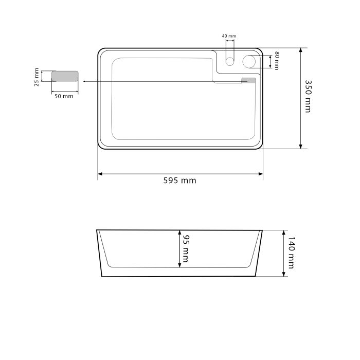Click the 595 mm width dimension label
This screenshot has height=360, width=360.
(180, 181)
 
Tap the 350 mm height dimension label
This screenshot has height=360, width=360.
(308, 96)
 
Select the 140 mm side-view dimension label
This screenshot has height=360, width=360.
(291, 253)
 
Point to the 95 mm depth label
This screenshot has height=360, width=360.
(185, 248)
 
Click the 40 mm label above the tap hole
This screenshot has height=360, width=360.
(229, 36)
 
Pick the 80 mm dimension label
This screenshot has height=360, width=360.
(277, 61)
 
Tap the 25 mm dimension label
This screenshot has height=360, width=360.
(37, 77)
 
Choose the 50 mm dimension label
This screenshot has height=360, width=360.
(64, 96)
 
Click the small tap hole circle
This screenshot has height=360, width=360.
(230, 61)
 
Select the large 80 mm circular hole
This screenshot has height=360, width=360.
(249, 62)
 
